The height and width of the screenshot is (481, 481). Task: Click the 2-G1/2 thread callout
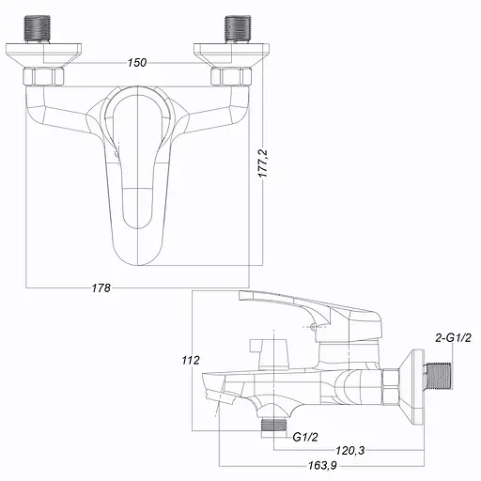pyautogui.click(x=452, y=337)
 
